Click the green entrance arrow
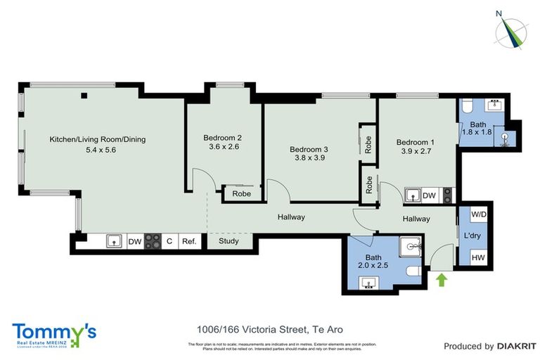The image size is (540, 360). pos(442,281)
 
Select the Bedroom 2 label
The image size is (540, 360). pos(223,138)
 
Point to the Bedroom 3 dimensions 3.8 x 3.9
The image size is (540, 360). pos(309,159)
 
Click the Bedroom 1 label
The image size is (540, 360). pos(415,141)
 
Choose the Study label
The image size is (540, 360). pos(229,241)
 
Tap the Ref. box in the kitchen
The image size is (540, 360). pos(188,241)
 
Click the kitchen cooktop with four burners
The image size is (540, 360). pos(153,241)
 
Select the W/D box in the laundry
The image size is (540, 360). pos(478,214)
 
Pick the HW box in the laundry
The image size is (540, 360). pos(478,258)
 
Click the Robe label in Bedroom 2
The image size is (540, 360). pos(241,193)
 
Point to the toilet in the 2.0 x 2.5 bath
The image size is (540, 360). pos(413,271)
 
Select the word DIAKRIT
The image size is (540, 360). pos(517,346)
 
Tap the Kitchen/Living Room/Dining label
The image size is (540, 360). pos(97,139)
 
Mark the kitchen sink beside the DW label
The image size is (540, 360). pos(112,241)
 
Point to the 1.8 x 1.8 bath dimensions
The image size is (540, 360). pos(475,131)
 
